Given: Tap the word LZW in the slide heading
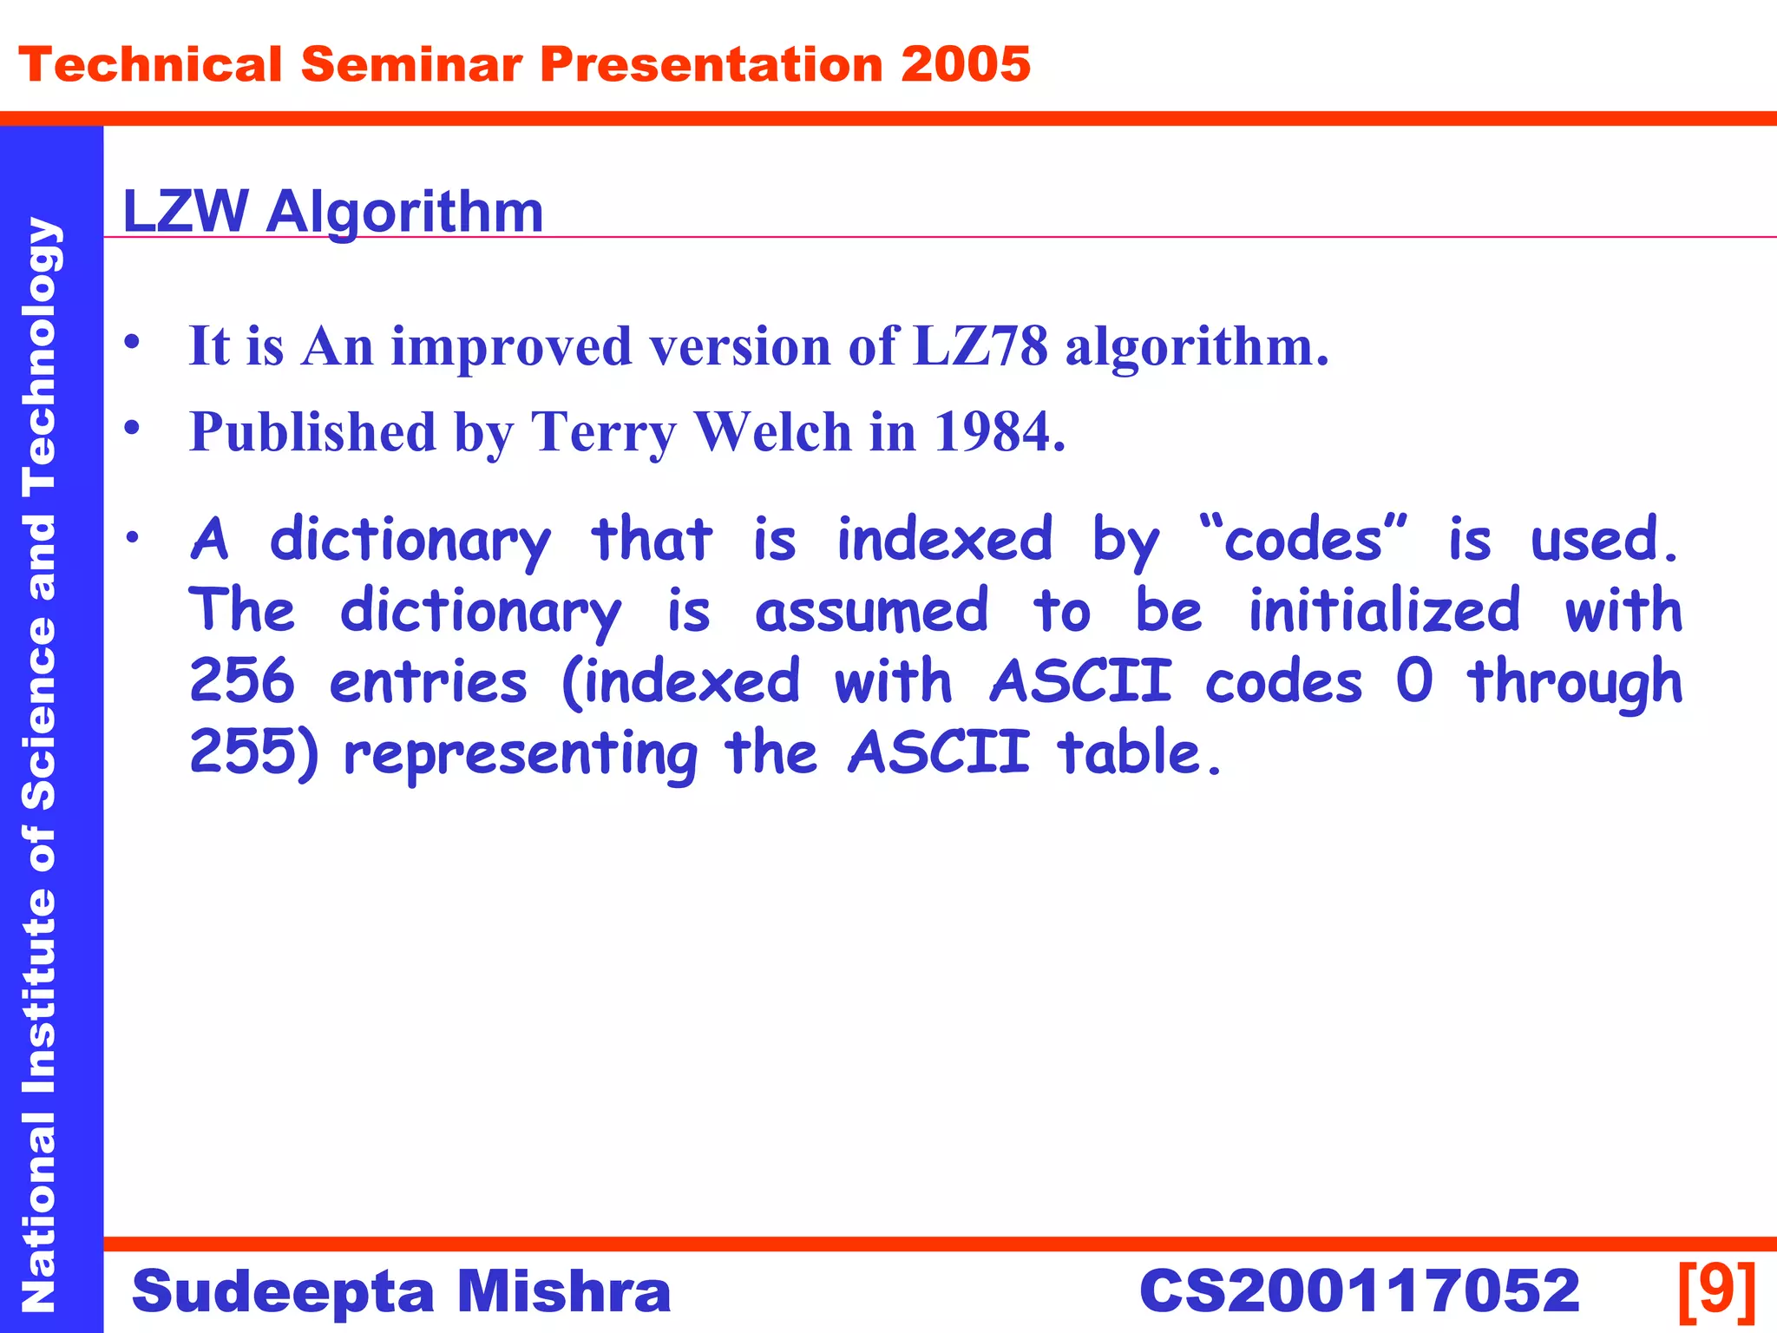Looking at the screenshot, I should pos(185,211).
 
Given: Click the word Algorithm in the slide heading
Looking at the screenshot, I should pos(404,213).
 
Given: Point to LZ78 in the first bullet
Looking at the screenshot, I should pos(980,346).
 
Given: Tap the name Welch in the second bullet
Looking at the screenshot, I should pos(774,431).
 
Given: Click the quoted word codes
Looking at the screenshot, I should pos(1303,540).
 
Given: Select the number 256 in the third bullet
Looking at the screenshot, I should pos(242,681).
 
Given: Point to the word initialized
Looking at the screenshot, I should pos(1385,610).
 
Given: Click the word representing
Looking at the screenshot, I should pos(521,753).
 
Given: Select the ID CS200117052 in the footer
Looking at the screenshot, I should pos(1360,1290).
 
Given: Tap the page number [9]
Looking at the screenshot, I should pos(1717,1290).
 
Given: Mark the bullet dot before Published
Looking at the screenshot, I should pos(132,428).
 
